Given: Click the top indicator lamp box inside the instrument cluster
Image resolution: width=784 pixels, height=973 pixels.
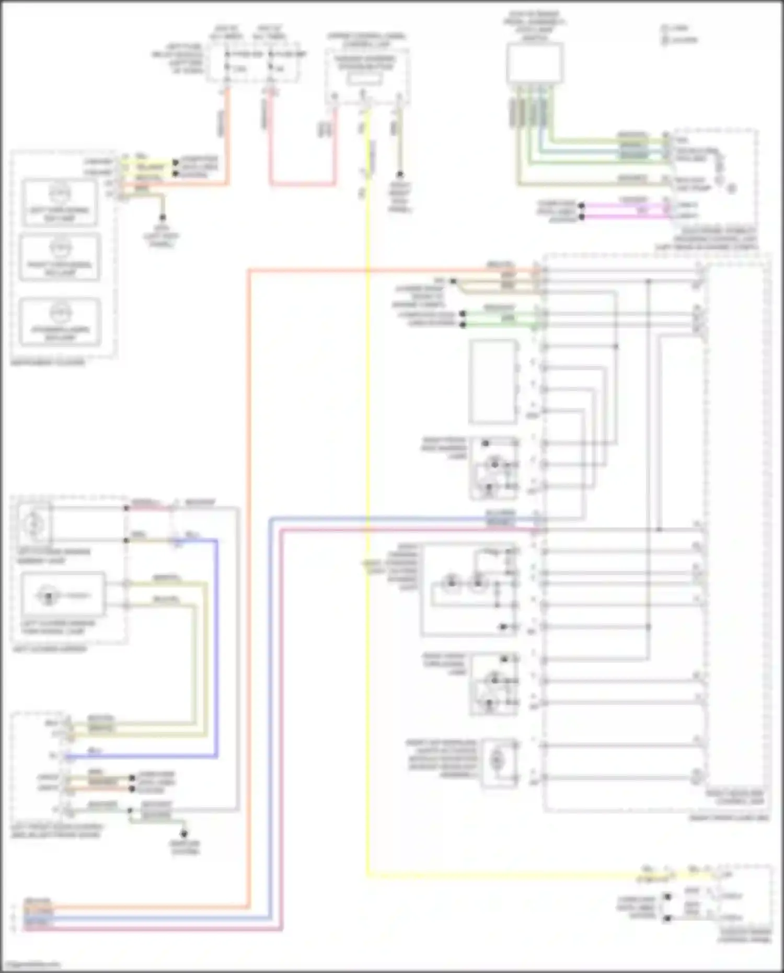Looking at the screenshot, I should [x=59, y=203].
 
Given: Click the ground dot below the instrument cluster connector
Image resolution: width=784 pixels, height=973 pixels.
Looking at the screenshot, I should [x=163, y=217].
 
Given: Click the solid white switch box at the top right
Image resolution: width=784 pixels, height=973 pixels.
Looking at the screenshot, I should [x=534, y=63].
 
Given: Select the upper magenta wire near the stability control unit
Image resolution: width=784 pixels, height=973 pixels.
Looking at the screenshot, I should [x=627, y=206].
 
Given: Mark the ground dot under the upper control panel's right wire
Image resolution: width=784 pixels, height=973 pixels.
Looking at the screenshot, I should [x=399, y=174].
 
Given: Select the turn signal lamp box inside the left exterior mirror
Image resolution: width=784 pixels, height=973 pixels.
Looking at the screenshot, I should [x=63, y=595].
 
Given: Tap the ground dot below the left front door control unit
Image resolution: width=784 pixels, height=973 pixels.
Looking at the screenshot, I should [x=184, y=833].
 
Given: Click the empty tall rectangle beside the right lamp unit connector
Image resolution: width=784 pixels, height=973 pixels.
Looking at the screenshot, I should [x=492, y=382].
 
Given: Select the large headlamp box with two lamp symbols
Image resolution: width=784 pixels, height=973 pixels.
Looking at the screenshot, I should [x=469, y=590].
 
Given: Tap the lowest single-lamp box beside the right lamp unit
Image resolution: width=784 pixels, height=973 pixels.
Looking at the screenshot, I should [x=499, y=762].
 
